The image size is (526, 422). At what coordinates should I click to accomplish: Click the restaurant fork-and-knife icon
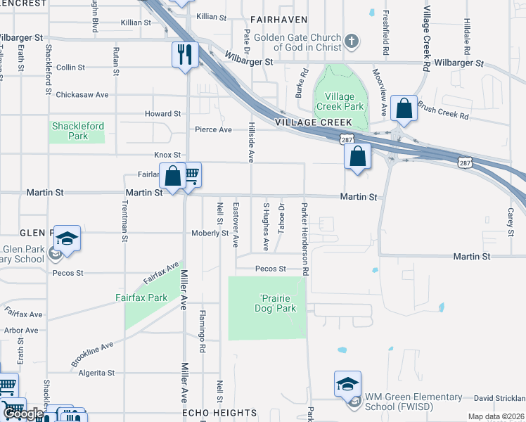(186, 54)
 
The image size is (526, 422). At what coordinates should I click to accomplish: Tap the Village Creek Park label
(340, 101)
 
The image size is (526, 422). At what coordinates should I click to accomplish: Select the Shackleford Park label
(78, 131)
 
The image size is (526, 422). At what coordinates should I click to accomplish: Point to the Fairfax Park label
(141, 298)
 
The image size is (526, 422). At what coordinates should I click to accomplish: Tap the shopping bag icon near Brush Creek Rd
(404, 108)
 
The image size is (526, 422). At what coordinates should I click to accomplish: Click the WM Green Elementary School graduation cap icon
(347, 383)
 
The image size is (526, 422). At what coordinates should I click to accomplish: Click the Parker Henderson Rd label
(305, 239)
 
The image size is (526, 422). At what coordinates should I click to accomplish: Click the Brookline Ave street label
(92, 355)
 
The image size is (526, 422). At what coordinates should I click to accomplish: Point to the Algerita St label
(96, 373)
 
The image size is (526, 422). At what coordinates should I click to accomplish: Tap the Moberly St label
(210, 233)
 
